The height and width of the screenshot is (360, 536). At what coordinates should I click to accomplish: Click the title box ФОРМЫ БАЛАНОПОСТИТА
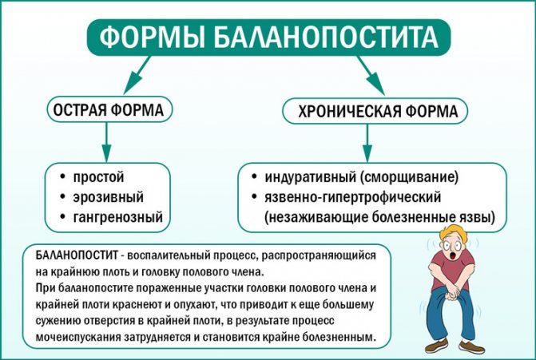point(268,37)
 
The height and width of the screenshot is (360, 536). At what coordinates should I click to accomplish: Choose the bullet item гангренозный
point(117,216)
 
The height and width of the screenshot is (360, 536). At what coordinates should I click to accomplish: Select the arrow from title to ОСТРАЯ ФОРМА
point(133,77)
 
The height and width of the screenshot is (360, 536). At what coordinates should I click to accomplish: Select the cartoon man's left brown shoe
point(435,346)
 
